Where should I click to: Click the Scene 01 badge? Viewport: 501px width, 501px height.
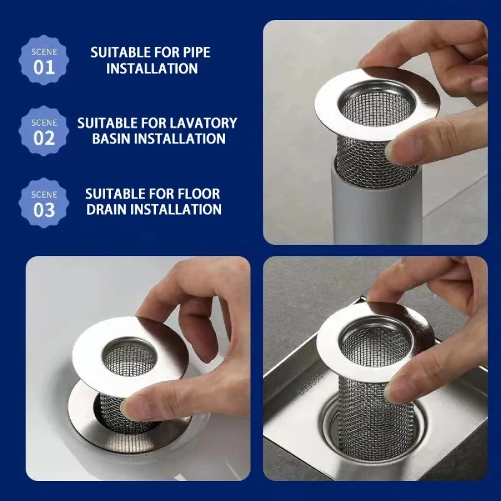[44, 60]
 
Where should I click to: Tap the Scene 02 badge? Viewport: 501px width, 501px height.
[44, 131]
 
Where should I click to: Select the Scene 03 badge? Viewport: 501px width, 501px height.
[44, 203]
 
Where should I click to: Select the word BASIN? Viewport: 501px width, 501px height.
[111, 139]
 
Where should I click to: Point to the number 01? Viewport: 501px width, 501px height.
[44, 68]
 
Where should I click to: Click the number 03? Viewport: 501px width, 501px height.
[44, 210]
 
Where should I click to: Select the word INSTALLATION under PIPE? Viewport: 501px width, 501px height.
[152, 68]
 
